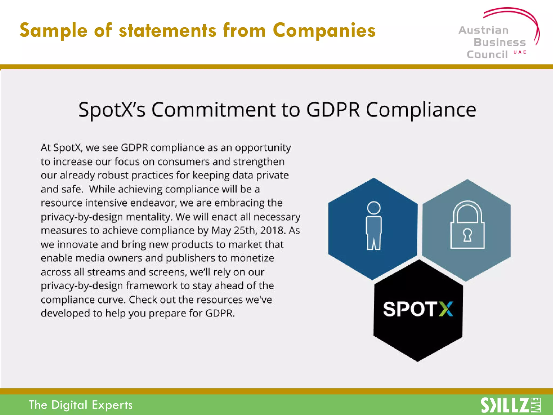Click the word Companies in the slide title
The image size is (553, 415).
tap(324, 30)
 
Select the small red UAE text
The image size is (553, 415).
tap(520, 52)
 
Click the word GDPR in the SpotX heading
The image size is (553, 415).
tap(333, 110)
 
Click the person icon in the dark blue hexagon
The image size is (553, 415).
tap(374, 226)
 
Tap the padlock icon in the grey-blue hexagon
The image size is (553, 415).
tap(467, 225)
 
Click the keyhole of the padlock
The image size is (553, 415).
tap(467, 235)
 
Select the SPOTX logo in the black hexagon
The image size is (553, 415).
tap(418, 309)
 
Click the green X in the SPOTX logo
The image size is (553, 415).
tap(446, 309)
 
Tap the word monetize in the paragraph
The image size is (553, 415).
tap(252, 258)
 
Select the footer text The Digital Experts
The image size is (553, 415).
tap(81, 405)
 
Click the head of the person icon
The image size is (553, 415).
tap(374, 208)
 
